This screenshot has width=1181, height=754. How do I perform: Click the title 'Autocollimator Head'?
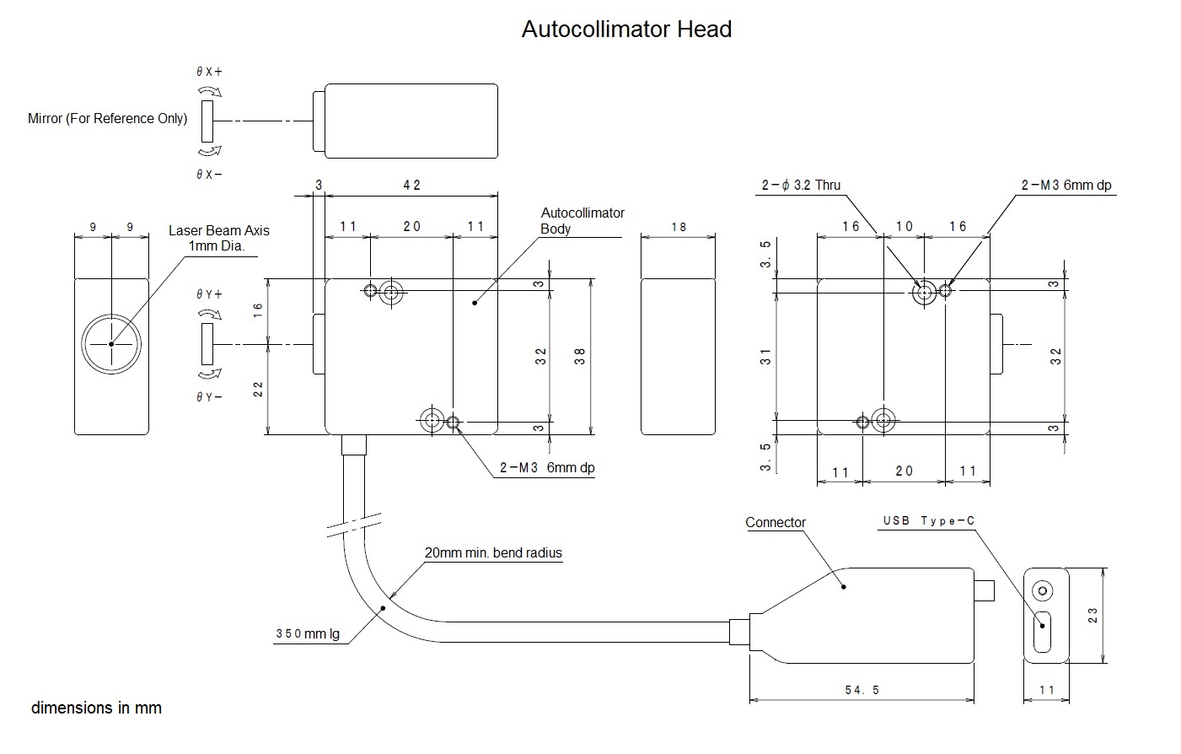(x=626, y=29)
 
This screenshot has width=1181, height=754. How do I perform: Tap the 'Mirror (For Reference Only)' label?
(x=108, y=118)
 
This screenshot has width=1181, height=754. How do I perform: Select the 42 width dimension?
(x=411, y=185)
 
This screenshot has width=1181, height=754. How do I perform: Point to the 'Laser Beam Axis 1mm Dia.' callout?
(x=218, y=238)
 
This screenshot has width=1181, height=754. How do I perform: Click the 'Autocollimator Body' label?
(x=582, y=221)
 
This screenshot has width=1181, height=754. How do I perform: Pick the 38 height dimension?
(x=579, y=356)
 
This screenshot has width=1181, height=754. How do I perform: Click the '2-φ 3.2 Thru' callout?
(x=801, y=185)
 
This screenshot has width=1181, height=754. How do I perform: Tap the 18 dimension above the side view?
(x=679, y=227)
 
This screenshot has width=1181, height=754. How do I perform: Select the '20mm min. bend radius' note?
(x=493, y=552)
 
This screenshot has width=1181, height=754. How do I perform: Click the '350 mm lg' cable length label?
(x=308, y=633)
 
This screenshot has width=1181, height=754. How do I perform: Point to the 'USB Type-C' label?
(x=928, y=520)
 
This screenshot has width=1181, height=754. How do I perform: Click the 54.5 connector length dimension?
(x=862, y=690)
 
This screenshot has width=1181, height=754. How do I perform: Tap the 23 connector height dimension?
(x=1092, y=615)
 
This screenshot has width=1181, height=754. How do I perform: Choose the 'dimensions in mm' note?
(x=96, y=708)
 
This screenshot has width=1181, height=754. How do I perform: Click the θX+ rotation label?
(x=209, y=71)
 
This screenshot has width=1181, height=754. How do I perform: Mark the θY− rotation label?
(x=209, y=396)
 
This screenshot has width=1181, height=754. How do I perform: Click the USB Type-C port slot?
(x=1043, y=632)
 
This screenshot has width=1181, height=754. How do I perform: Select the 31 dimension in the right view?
(x=765, y=357)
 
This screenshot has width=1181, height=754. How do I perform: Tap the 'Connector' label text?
(x=775, y=522)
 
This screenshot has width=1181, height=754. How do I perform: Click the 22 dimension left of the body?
(x=258, y=390)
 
